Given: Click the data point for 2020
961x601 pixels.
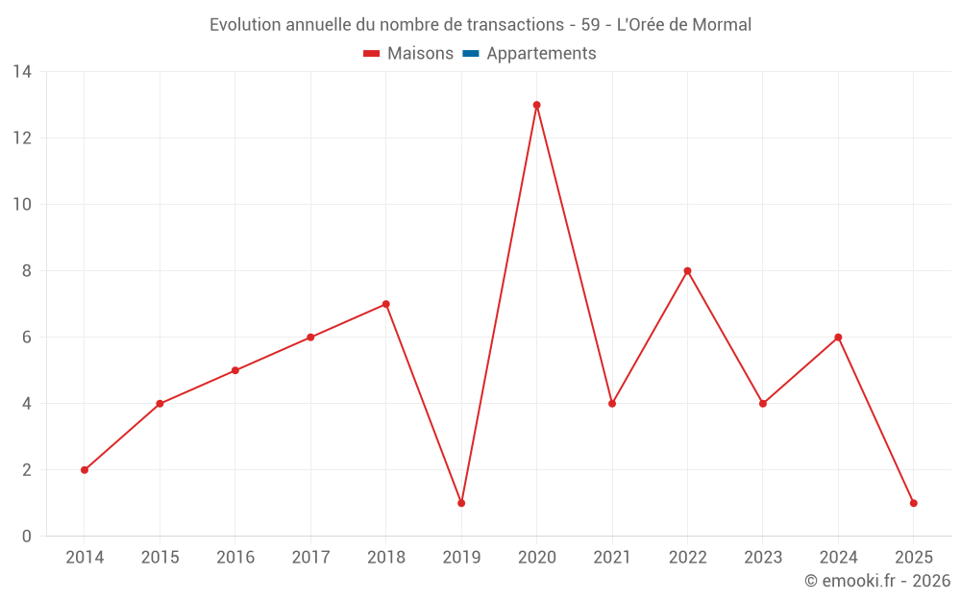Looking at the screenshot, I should pyautogui.click(x=536, y=105).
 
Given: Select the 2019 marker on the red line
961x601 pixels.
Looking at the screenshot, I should pyautogui.click(x=461, y=503).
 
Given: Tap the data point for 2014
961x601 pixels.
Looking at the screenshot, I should pyautogui.click(x=85, y=470).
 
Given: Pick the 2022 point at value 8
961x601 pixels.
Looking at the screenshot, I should pyautogui.click(x=687, y=271).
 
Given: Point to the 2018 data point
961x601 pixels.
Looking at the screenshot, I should pyautogui.click(x=385, y=304).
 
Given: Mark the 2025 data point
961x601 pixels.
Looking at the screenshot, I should pyautogui.click(x=913, y=503).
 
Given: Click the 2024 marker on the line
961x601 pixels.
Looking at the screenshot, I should pyautogui.click(x=838, y=338).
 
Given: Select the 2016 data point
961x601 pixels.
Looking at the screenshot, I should pyautogui.click(x=235, y=370).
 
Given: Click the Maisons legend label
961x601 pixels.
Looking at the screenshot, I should pyautogui.click(x=420, y=54).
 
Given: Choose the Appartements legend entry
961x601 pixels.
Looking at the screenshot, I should pyautogui.click(x=541, y=54).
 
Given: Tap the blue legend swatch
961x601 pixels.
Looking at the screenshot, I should pyautogui.click(x=471, y=54).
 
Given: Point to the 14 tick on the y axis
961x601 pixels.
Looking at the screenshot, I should pyautogui.click(x=22, y=72).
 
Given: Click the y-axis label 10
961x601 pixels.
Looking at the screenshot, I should pyautogui.click(x=22, y=205).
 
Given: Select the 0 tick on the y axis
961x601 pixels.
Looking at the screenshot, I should pyautogui.click(x=27, y=537).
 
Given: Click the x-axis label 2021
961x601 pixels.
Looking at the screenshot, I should pyautogui.click(x=612, y=558).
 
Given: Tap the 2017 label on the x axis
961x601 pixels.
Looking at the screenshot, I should pyautogui.click(x=310, y=558).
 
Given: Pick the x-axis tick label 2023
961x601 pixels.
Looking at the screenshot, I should pyautogui.click(x=762, y=558).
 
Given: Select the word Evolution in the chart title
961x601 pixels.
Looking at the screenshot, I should pyautogui.click(x=245, y=25).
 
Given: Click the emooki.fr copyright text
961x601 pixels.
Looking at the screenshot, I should pyautogui.click(x=877, y=581).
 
